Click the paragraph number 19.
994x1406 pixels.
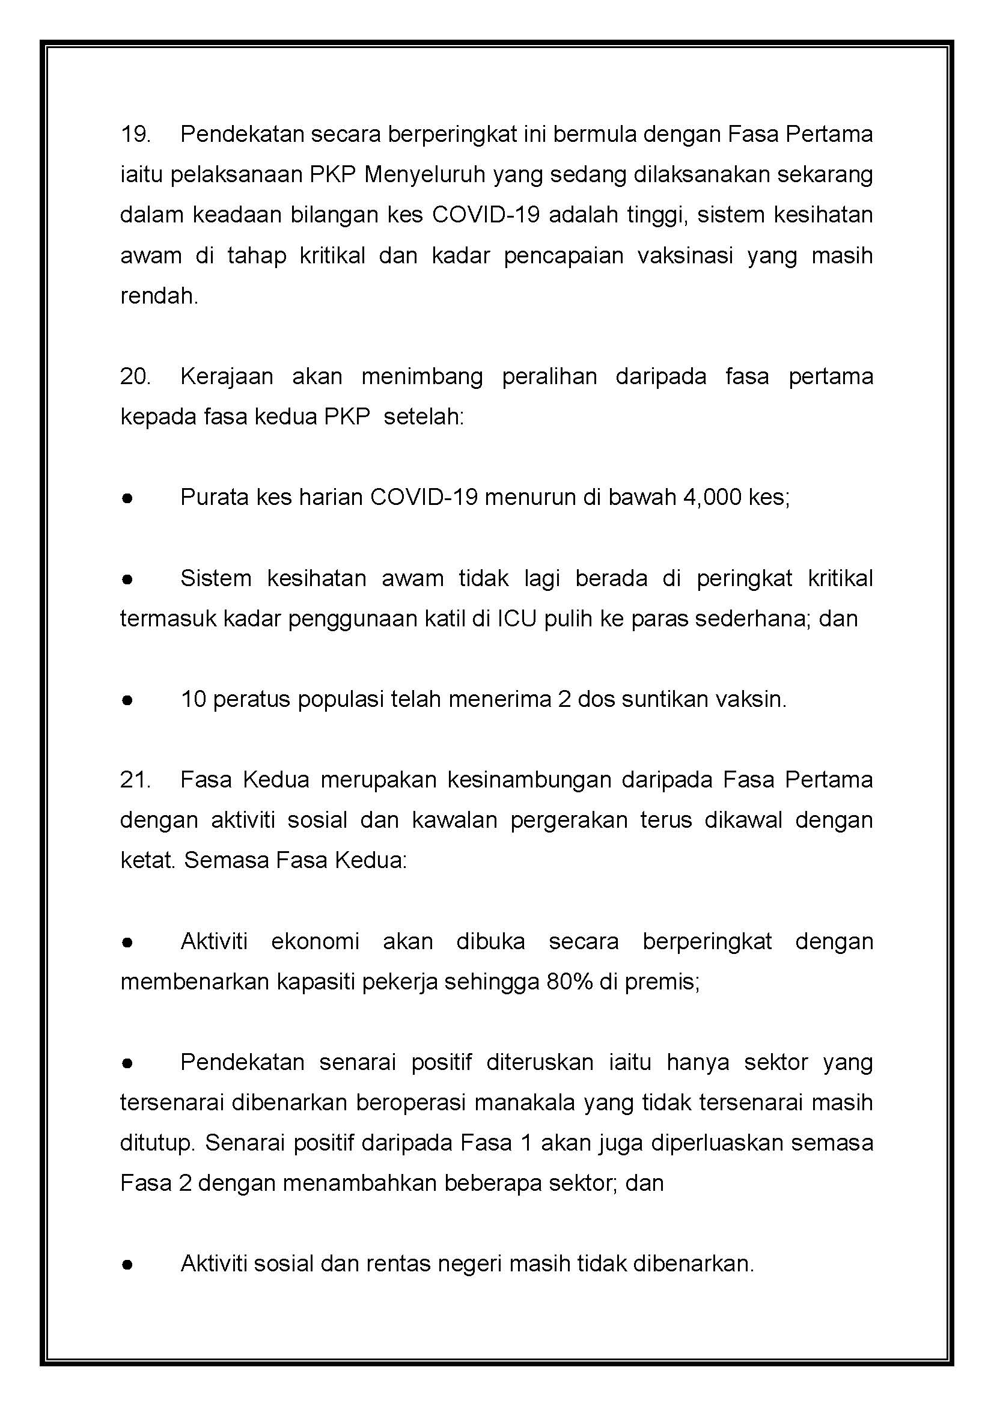coord(135,134)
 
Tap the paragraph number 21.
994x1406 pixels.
coord(135,780)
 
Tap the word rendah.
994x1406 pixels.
coord(159,296)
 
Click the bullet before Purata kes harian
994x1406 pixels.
coord(127,498)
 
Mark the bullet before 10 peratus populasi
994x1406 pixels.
coord(127,700)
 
